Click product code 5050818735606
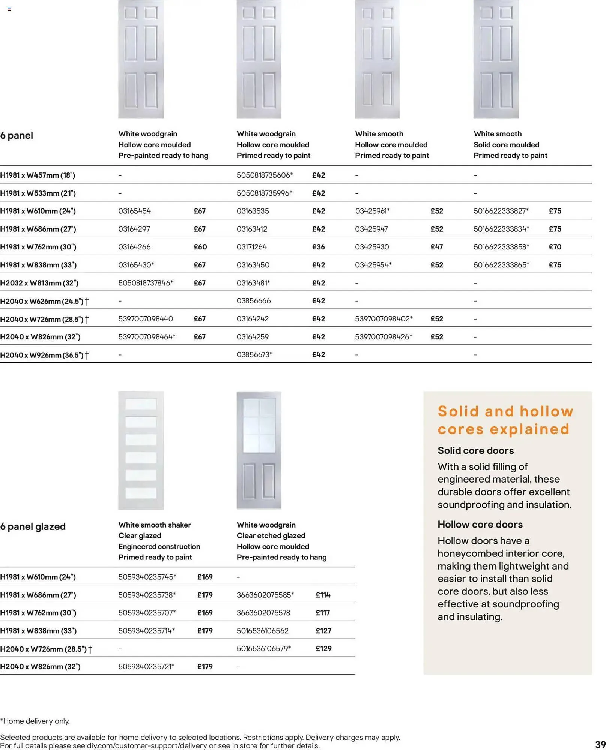[x=265, y=175]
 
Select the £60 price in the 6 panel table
[x=200, y=247]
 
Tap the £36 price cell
[x=318, y=247]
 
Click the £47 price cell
[x=436, y=247]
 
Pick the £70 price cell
[x=555, y=247]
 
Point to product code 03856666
[x=253, y=301]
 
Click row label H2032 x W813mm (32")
[x=39, y=283]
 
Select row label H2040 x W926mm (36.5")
[x=44, y=355]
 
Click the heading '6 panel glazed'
[x=33, y=526]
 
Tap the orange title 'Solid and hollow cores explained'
[x=505, y=420]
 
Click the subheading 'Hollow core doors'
[x=480, y=524]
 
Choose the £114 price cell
[x=323, y=595]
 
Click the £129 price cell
[x=323, y=648]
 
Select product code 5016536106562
[x=262, y=631]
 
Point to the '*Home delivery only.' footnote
[x=35, y=721]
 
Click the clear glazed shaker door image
[x=141, y=450]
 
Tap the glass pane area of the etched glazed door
[x=259, y=426]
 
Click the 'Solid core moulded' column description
[x=506, y=145]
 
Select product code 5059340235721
[x=146, y=666]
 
